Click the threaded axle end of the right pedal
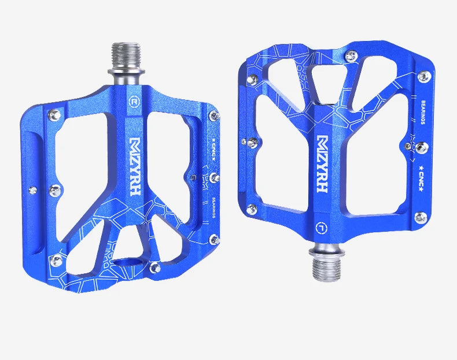(x=327, y=266)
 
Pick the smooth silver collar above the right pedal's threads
(x=327, y=249)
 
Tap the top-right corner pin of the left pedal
(x=215, y=116)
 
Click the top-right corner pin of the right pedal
(x=424, y=76)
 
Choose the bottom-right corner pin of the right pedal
(x=421, y=217)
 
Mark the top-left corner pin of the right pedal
(x=253, y=79)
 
